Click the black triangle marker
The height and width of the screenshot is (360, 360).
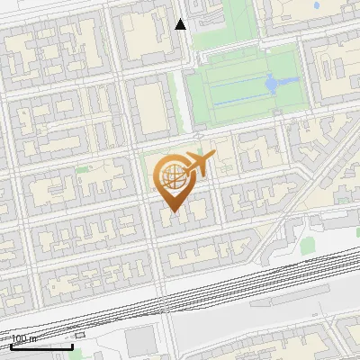tap(181, 24)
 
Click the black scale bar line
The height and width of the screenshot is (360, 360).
tap(41, 346)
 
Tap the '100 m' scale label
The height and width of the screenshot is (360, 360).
tap(25, 338)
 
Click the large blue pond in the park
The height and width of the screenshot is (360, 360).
tap(272, 84)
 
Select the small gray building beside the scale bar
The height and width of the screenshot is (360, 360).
tap(80, 335)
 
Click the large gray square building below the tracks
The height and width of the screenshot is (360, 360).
tap(139, 340)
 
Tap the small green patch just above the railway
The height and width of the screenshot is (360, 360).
tap(308, 243)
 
